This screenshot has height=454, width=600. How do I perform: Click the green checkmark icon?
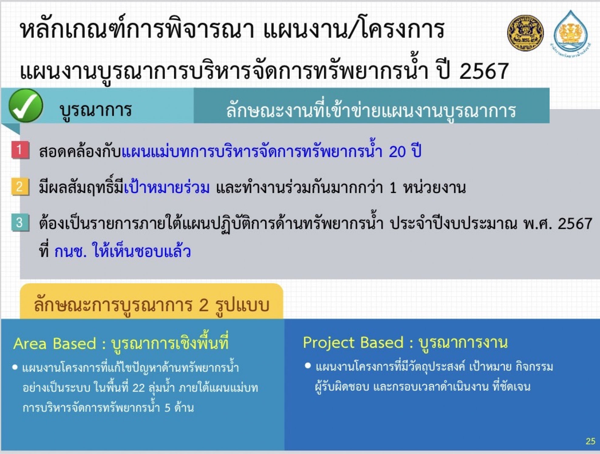click(x=26, y=105)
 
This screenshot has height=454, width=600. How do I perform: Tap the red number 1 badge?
click(x=20, y=150)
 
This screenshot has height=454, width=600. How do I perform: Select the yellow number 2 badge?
click(x=20, y=186)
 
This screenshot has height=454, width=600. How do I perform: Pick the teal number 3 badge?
click(x=20, y=223)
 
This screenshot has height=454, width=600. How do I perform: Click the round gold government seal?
click(x=525, y=33)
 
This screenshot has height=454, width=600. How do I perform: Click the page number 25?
click(x=591, y=441)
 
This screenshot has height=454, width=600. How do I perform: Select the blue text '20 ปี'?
click(x=405, y=151)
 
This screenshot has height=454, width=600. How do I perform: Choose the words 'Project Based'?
click(x=353, y=343)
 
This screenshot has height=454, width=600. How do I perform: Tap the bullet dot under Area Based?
click(x=15, y=368)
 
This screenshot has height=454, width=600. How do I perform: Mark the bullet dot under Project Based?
click(x=308, y=366)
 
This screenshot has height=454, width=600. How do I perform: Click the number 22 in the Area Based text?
click(x=138, y=388)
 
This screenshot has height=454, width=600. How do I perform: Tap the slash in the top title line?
click(x=353, y=30)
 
